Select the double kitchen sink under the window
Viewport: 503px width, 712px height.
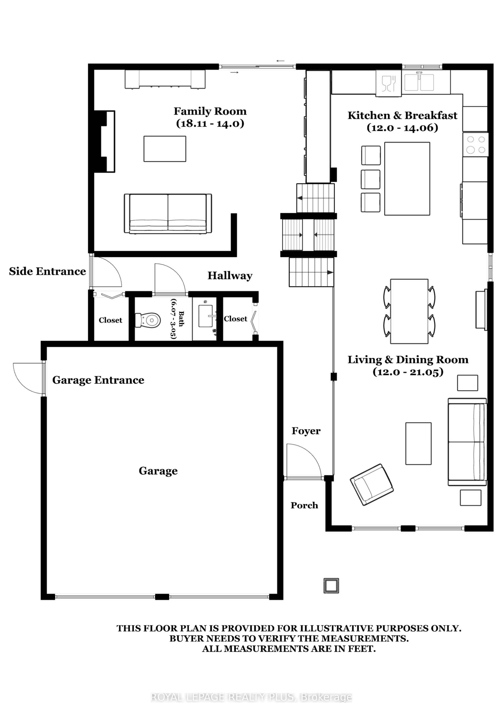pyautogui.click(x=419, y=82)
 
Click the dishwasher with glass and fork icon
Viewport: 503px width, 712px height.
pyautogui.click(x=389, y=83)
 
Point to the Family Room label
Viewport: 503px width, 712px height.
pyautogui.click(x=210, y=111)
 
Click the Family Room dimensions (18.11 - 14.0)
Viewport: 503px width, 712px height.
pyautogui.click(x=210, y=123)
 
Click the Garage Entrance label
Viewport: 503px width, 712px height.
pyautogui.click(x=98, y=380)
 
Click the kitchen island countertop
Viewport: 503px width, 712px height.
pyautogui.click(x=407, y=179)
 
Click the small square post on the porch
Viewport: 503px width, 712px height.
pyautogui.click(x=331, y=586)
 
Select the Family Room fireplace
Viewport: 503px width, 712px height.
pyautogui.click(x=104, y=141)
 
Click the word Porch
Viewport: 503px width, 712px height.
pyautogui.click(x=304, y=505)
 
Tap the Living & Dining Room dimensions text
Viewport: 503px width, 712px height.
pyautogui.click(x=408, y=372)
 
